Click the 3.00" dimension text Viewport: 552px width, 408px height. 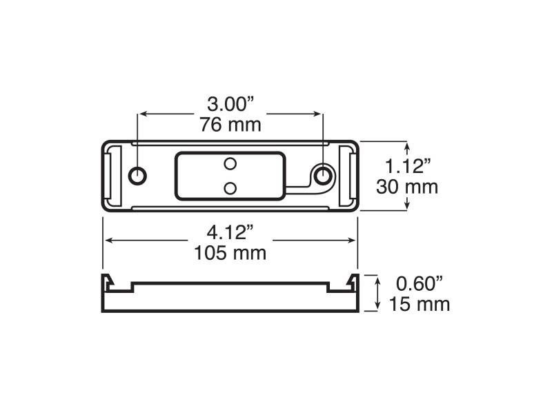coord(230,105)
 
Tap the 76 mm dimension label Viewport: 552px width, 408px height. coord(230,125)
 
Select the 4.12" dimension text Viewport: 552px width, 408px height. coord(230,232)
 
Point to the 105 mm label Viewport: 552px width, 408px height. coord(230,253)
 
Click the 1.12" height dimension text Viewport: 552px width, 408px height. coord(408,166)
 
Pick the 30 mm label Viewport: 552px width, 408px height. coord(407,187)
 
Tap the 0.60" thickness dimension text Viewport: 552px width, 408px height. coord(419,283)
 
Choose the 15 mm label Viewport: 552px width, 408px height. coord(420,304)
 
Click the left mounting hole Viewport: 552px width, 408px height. coord(137,175)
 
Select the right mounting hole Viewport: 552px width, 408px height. coord(322,175)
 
